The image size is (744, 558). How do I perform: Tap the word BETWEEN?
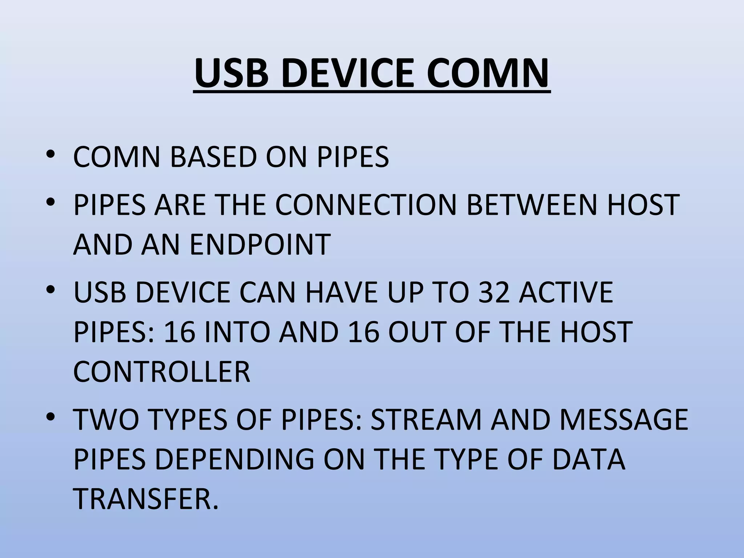pyautogui.click(x=531, y=205)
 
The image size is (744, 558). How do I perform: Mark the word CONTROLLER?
pyautogui.click(x=162, y=372)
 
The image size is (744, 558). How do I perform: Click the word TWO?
pyautogui.click(x=106, y=419)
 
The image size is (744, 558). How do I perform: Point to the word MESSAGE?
pyautogui.click(x=624, y=419)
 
